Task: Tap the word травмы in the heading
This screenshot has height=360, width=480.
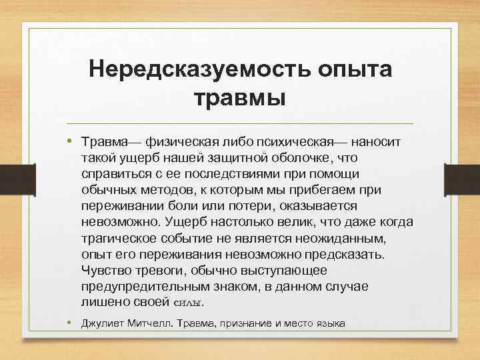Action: pyautogui.click(x=239, y=98)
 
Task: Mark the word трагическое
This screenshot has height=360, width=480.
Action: pyautogui.click(x=121, y=238)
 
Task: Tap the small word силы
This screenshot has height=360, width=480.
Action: pyautogui.click(x=188, y=303)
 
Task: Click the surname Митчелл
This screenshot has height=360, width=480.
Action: pyautogui.click(x=149, y=324)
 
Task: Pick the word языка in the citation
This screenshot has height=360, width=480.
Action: pyautogui.click(x=330, y=324)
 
